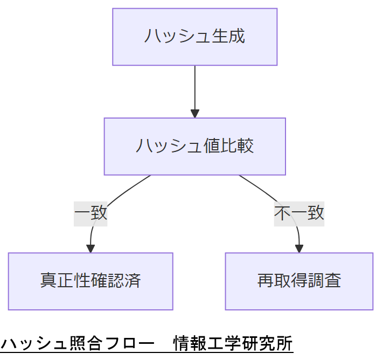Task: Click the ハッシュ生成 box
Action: [194, 37]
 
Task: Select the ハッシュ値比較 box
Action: [194, 147]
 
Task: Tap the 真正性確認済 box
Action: [90, 281]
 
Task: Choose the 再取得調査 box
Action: [299, 281]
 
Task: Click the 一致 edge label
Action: [90, 213]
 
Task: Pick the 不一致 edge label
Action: [299, 213]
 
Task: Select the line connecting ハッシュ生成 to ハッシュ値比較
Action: [194, 86]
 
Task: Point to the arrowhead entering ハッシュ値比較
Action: [194, 113]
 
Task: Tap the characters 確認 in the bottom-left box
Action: [99, 281]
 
